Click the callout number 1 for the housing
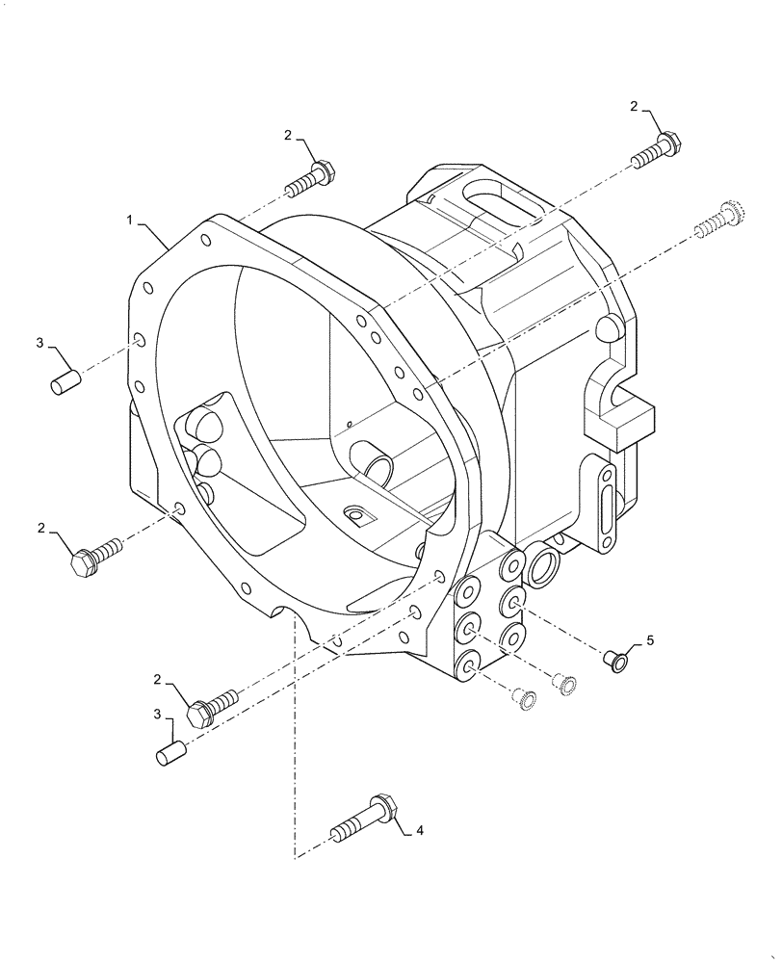click(x=128, y=221)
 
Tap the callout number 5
click(x=649, y=639)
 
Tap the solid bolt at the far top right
click(x=658, y=149)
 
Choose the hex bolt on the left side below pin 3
click(x=95, y=556)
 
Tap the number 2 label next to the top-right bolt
click(x=635, y=107)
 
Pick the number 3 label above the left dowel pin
click(x=40, y=343)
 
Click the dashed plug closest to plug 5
click(x=567, y=684)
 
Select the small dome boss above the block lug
click(x=606, y=327)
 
